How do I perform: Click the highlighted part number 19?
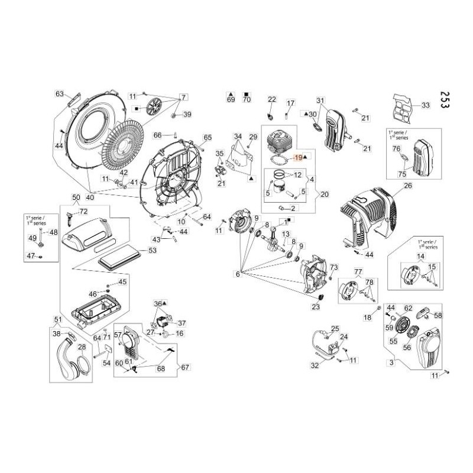point(297,157)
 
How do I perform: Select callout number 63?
point(59,94)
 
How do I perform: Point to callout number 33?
point(426,105)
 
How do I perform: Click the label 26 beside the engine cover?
point(407,186)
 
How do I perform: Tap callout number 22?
point(272,99)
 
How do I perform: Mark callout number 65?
point(191,138)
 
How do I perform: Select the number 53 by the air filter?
point(153,251)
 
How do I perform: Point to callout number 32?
point(315,365)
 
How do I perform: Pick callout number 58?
point(438,315)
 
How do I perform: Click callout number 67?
point(185,367)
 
